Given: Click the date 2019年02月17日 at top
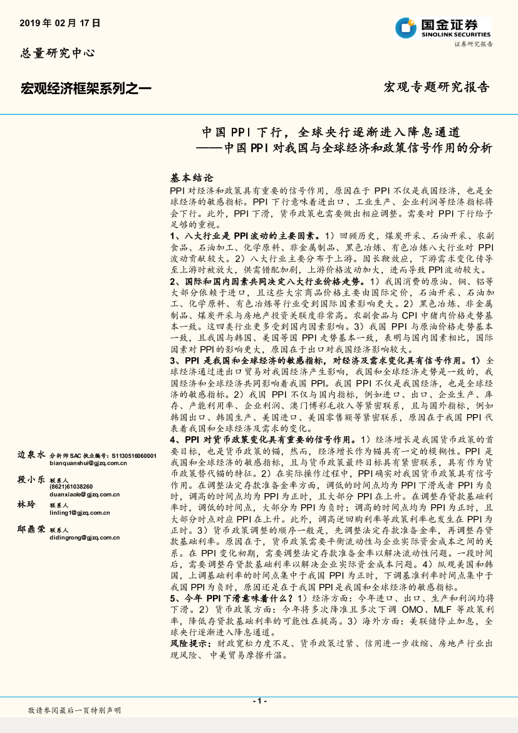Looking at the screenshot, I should click(61, 23).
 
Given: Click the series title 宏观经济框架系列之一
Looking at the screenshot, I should click(86, 88).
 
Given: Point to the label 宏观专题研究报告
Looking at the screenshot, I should click(436, 87).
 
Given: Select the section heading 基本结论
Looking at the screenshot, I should click(192, 178).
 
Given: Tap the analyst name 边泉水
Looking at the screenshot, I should click(31, 454).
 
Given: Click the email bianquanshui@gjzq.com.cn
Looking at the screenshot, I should click(88, 463).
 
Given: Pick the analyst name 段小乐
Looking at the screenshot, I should click(31, 479).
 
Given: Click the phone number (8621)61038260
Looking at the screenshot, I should click(71, 487).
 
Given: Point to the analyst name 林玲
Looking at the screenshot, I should click(26, 504).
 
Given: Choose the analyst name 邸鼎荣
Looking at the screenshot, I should click(31, 529).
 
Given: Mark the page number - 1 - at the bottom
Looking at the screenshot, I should click(259, 700).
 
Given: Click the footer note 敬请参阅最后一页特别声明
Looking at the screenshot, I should click(75, 710).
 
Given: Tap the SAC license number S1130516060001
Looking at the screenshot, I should click(132, 455).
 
